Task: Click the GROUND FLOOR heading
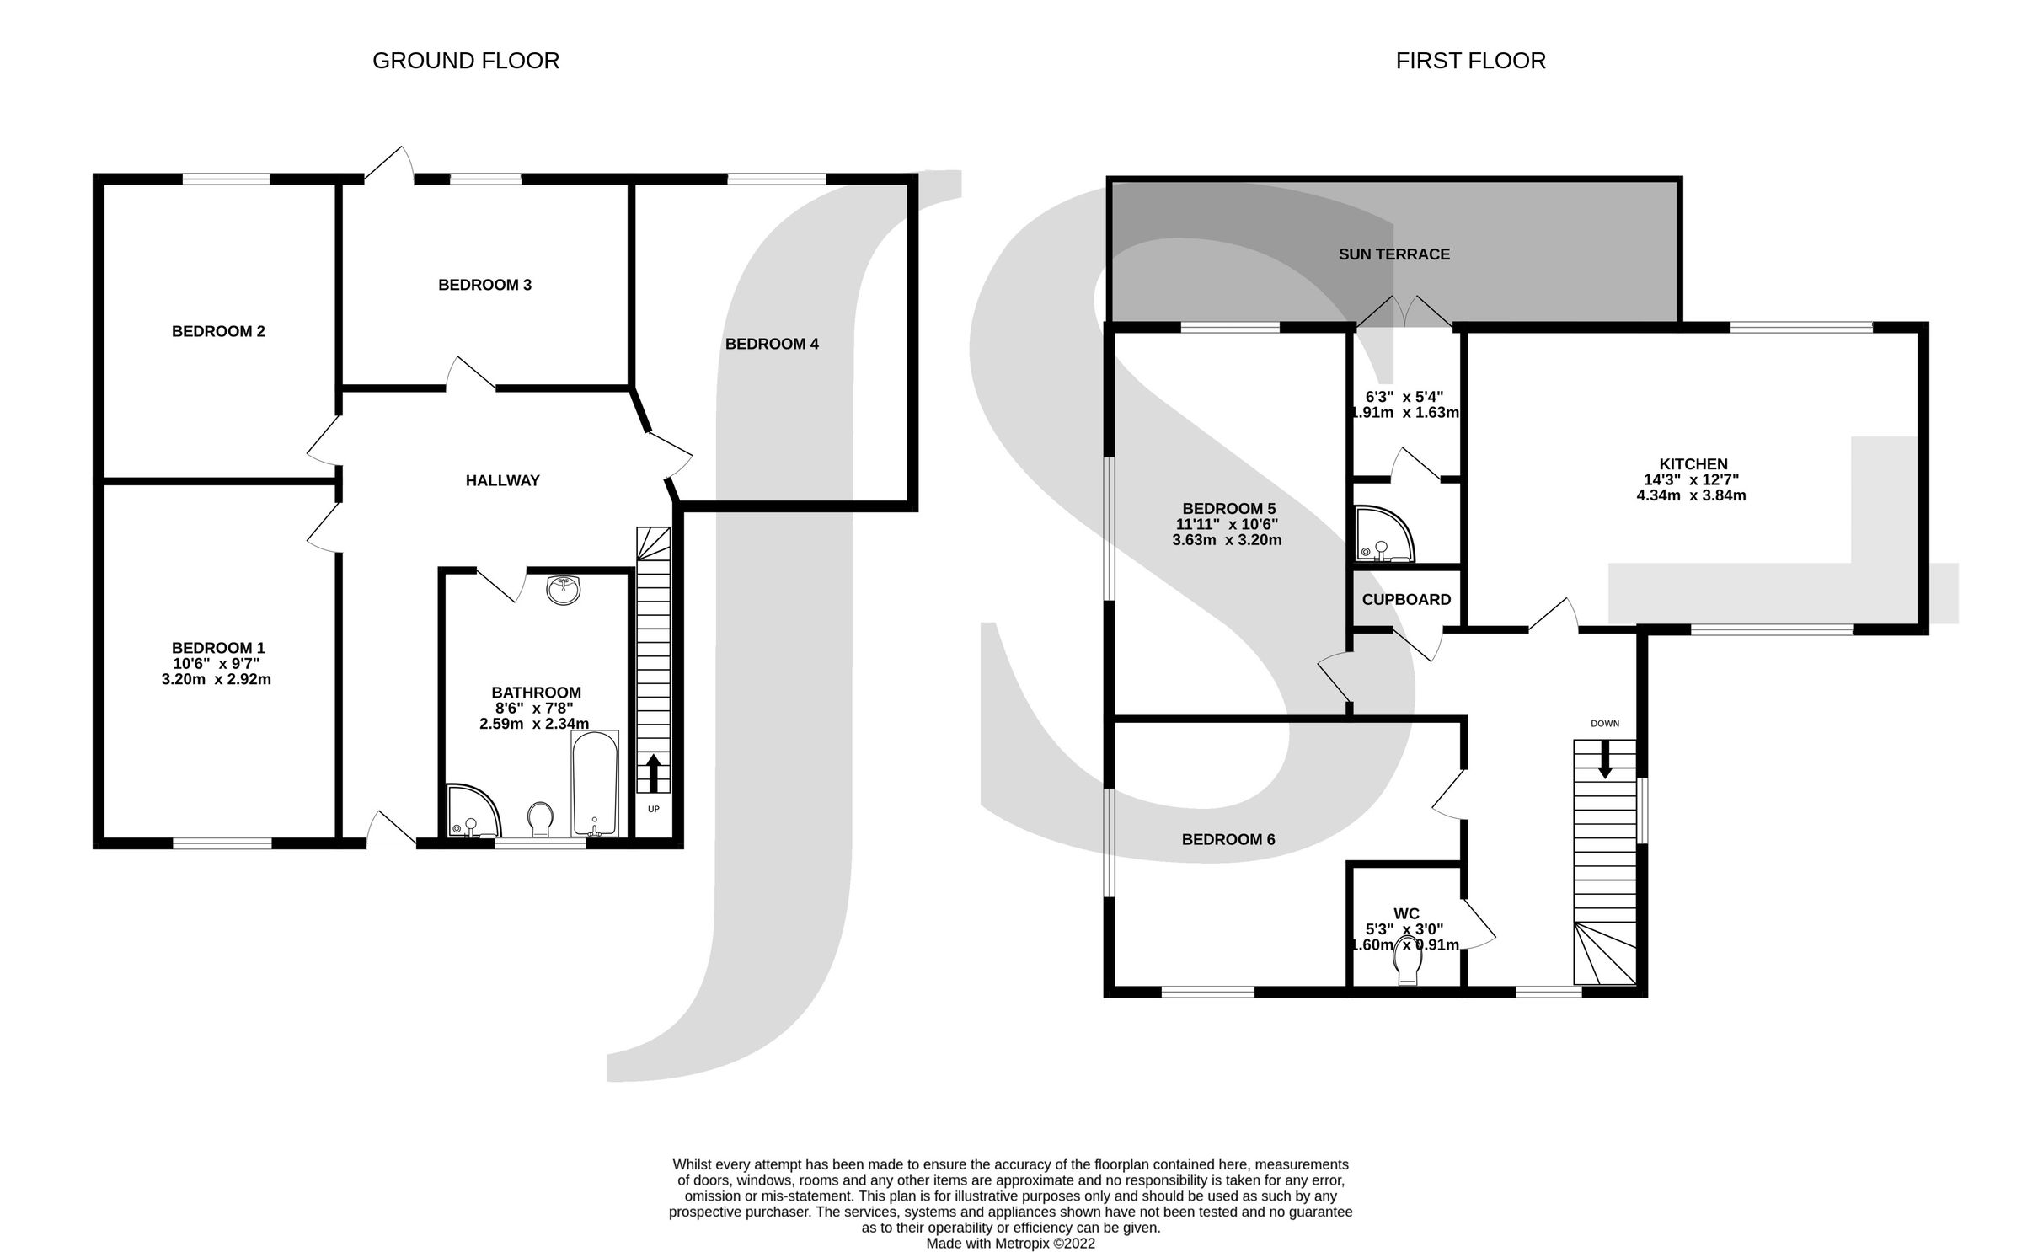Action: pyautogui.click(x=465, y=61)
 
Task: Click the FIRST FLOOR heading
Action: pyautogui.click(x=1470, y=61)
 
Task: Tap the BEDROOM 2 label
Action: pyautogui.click(x=218, y=331)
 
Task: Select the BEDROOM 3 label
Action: pyautogui.click(x=484, y=285)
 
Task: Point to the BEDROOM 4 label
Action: pyautogui.click(x=772, y=344)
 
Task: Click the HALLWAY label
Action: pyautogui.click(x=502, y=480)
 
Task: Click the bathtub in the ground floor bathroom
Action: pyautogui.click(x=595, y=784)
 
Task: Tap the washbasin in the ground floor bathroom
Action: pyautogui.click(x=563, y=590)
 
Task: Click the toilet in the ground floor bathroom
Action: pyautogui.click(x=540, y=819)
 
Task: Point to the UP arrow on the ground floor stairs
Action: pyautogui.click(x=653, y=773)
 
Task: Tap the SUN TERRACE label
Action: pyautogui.click(x=1394, y=254)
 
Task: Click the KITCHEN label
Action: pyautogui.click(x=1693, y=463)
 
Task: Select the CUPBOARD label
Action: pyautogui.click(x=1406, y=599)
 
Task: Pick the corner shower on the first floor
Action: pyautogui.click(x=1380, y=537)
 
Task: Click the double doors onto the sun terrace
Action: pyautogui.click(x=1404, y=313)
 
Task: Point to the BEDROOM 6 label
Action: pyautogui.click(x=1228, y=839)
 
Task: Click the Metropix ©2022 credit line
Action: pyautogui.click(x=1010, y=1243)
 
